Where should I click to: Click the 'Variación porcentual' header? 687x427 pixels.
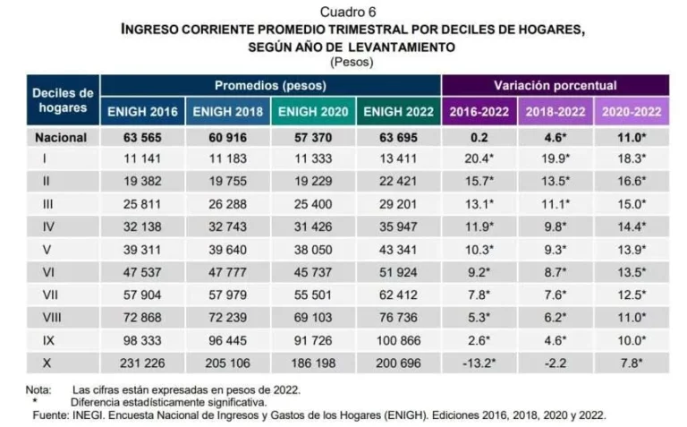[555, 86]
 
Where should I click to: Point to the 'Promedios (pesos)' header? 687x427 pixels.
[270, 86]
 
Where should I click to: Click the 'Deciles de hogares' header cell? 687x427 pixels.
[63, 99]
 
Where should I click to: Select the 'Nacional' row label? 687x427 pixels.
[61, 138]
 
